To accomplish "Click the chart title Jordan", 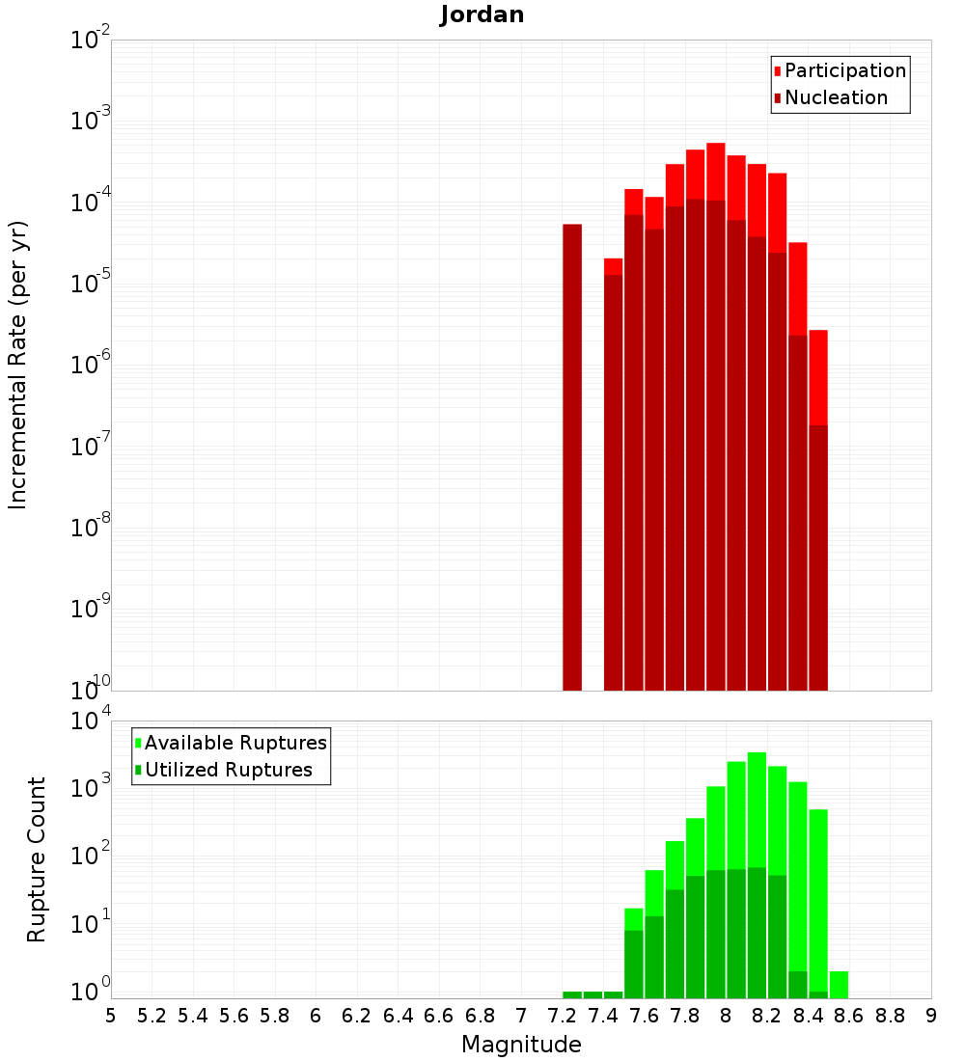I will pos(482,14).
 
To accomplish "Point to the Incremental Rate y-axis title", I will pos(18,365).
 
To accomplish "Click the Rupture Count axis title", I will pos(37,858).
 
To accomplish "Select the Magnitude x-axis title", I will pos(521,1045).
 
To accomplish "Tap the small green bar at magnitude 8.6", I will pos(839,984).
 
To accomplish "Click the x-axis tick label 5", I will pos(111,1016).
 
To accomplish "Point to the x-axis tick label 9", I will pos(931,1016).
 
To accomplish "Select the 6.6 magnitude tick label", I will pos(439,1016).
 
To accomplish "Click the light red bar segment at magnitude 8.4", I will pos(818,376).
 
